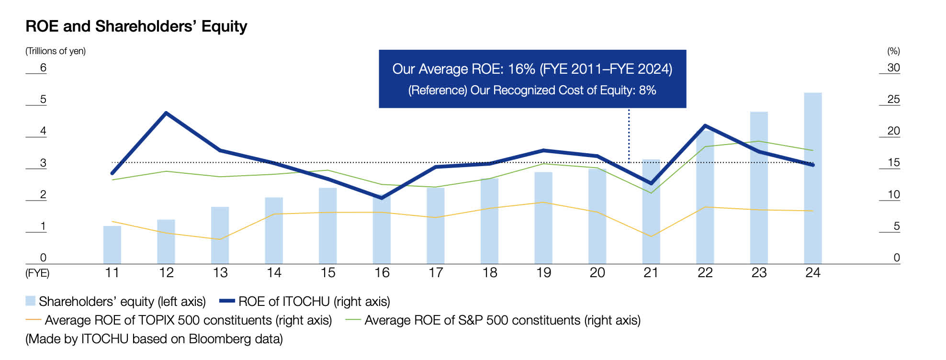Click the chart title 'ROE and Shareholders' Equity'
[x=136, y=26]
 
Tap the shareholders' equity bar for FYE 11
[x=112, y=245]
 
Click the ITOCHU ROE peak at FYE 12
[x=166, y=113]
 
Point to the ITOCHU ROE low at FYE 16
[x=382, y=198]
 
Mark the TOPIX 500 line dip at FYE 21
[x=651, y=236]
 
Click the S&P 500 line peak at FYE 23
[x=759, y=141]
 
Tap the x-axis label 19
[x=543, y=273]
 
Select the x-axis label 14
[x=274, y=273]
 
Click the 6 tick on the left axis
[x=43, y=67]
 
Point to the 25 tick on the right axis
[x=893, y=100]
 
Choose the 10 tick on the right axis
[x=893, y=194]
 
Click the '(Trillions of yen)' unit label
[x=56, y=51]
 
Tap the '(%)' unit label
[x=893, y=51]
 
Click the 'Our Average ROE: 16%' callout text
[x=532, y=69]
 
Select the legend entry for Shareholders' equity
[x=116, y=302]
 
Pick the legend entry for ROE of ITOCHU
[x=305, y=302]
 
